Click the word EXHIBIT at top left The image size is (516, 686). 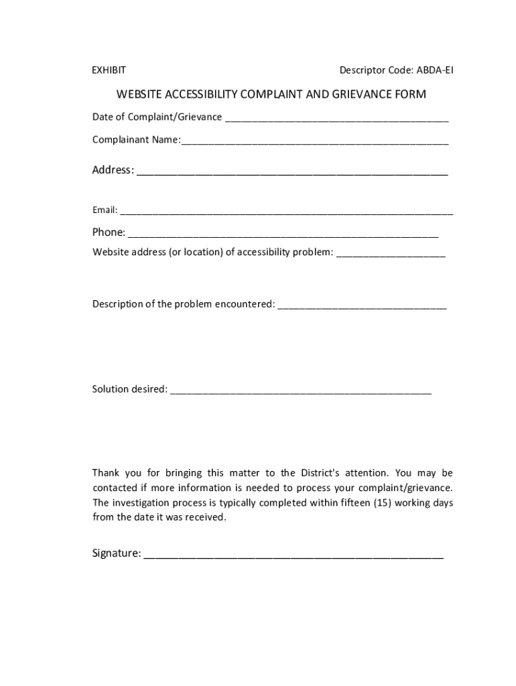(x=109, y=70)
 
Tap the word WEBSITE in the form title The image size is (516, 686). (x=141, y=94)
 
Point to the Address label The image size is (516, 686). (x=113, y=170)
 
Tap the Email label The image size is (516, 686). (x=105, y=210)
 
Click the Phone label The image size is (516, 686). (x=109, y=232)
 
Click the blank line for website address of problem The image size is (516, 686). (x=390, y=255)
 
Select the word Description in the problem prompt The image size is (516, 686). (x=117, y=304)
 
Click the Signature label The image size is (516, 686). (x=116, y=553)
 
